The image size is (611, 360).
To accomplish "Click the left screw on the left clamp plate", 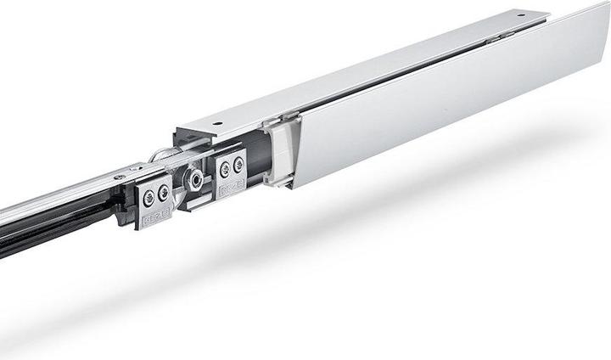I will pos(149,196).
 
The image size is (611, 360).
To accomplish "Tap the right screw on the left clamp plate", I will pos(162,194).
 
